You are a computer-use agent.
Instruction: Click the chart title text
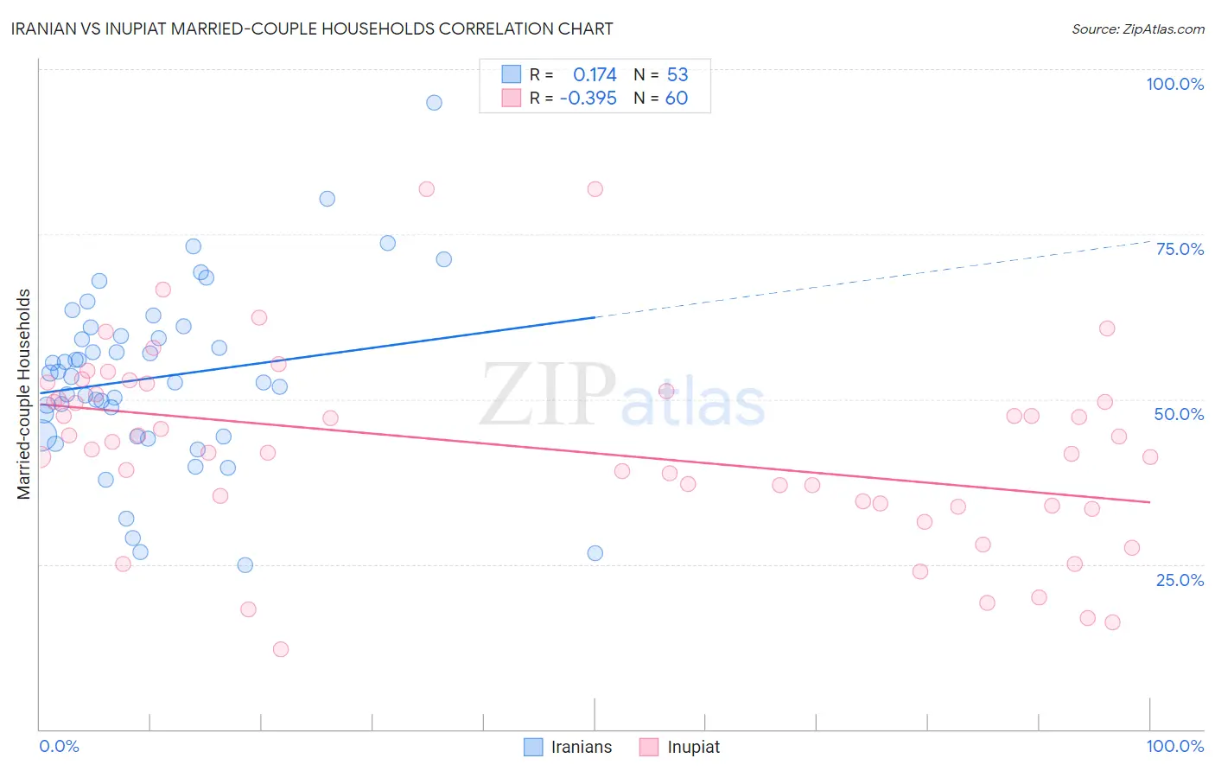click(x=312, y=29)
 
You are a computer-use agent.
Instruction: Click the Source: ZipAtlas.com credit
click(x=1137, y=29)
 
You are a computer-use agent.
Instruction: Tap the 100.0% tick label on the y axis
click(x=1174, y=84)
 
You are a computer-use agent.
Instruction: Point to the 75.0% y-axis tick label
click(x=1180, y=249)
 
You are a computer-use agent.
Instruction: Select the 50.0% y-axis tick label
click(x=1179, y=414)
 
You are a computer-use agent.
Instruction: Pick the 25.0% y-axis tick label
click(x=1180, y=580)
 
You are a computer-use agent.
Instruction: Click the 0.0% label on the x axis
click(x=59, y=746)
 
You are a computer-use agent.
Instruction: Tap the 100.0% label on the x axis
click(x=1174, y=746)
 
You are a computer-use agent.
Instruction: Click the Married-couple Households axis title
click(x=24, y=394)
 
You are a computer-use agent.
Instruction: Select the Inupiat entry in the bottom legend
click(x=680, y=747)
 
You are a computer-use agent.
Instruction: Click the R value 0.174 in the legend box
click(x=595, y=75)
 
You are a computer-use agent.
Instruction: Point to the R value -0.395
click(x=588, y=99)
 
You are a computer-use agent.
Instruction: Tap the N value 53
click(x=677, y=75)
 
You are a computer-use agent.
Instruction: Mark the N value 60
click(x=676, y=99)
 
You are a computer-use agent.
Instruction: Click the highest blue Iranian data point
click(x=434, y=103)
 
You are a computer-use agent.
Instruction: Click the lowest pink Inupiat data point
click(x=280, y=649)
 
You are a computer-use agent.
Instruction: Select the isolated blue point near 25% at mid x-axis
click(x=595, y=553)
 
